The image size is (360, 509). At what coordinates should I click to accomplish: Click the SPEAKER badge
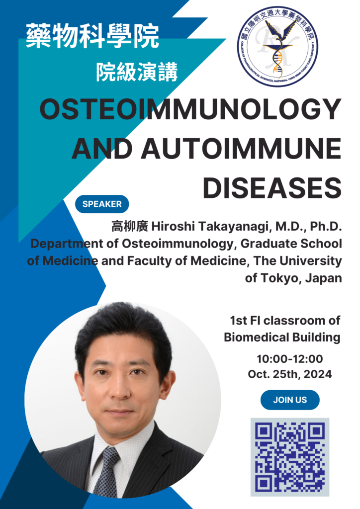[102, 204]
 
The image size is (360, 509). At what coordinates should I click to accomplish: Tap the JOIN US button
[290, 400]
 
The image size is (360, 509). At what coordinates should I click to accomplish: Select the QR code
[290, 457]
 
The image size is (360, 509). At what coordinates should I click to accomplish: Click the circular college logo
[278, 46]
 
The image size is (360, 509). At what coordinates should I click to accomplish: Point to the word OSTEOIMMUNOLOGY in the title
[190, 109]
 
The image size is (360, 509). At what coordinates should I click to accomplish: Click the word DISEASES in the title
[272, 188]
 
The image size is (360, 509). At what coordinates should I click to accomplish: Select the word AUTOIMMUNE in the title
[241, 149]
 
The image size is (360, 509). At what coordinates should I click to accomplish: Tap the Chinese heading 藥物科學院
[92, 36]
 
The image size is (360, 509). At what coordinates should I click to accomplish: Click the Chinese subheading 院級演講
[137, 72]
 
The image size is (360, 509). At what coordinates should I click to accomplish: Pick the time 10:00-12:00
[290, 359]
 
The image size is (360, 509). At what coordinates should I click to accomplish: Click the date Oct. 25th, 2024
[290, 374]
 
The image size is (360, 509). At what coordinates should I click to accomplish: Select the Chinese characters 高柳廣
[130, 227]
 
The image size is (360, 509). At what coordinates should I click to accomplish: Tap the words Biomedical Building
[282, 338]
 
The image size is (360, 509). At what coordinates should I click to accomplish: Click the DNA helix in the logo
[277, 61]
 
